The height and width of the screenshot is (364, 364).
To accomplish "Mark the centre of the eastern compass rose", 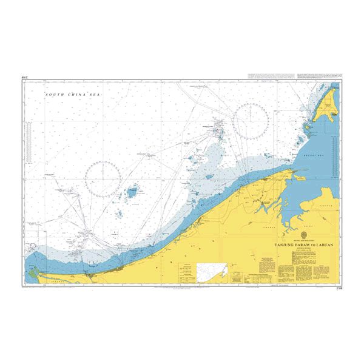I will pos(251,120).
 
